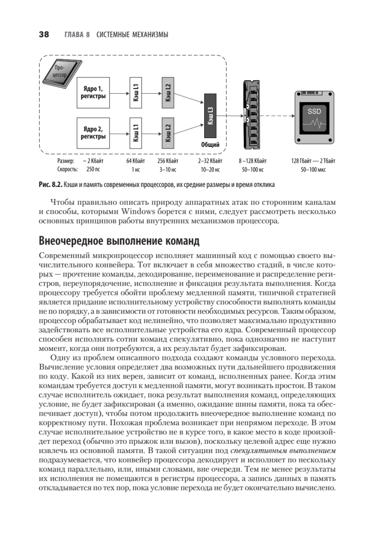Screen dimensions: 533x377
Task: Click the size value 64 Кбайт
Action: click(135, 161)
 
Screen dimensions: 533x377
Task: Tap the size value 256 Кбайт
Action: click(168, 161)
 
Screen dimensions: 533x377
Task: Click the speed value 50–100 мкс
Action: click(314, 169)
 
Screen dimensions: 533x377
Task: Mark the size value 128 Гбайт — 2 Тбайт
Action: click(314, 161)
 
